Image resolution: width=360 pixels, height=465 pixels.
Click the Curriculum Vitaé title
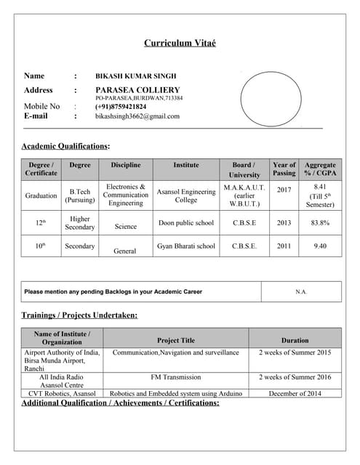point(180,44)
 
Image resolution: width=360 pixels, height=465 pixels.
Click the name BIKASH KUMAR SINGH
point(136,76)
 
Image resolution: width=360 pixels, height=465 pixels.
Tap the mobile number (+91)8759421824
point(121,107)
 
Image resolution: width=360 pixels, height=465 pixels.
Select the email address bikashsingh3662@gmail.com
point(137,116)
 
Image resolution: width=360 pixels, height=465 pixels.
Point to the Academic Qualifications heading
point(66,146)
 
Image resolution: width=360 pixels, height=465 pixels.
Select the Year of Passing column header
point(284,169)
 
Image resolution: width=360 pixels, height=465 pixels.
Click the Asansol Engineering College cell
point(186,195)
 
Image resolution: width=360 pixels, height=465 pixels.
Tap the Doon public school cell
point(186,223)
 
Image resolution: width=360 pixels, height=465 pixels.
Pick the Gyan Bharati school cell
point(186,246)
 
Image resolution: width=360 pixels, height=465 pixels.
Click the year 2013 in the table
point(284,223)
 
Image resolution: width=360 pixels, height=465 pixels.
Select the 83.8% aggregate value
point(320,223)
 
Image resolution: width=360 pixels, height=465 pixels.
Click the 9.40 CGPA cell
point(320,246)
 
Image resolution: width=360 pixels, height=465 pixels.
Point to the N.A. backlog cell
point(301,291)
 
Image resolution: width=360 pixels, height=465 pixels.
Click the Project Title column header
point(176,340)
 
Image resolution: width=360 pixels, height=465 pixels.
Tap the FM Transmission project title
point(176,377)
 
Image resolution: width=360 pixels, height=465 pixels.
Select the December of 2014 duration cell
point(295,393)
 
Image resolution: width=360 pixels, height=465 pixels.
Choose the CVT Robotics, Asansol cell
point(62,393)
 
